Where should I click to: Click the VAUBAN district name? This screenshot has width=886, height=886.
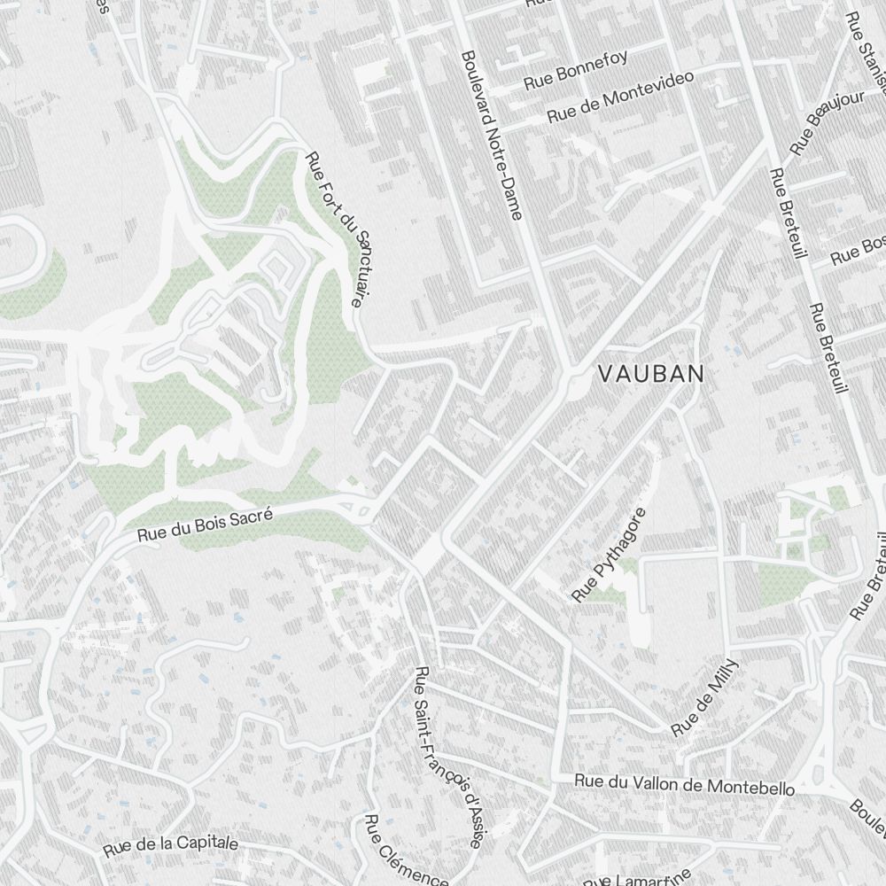[x=651, y=374]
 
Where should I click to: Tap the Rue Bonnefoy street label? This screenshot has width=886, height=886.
[x=575, y=70]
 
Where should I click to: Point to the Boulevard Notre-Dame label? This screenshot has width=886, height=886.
[x=493, y=133]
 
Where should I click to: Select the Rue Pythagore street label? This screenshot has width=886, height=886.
[x=610, y=556]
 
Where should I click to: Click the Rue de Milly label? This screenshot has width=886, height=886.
[x=704, y=697]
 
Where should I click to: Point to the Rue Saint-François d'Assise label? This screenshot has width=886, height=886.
[x=448, y=758]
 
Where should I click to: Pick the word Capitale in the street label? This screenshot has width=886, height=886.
[x=206, y=843]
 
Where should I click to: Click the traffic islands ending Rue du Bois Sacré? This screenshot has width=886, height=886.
[x=358, y=507]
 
